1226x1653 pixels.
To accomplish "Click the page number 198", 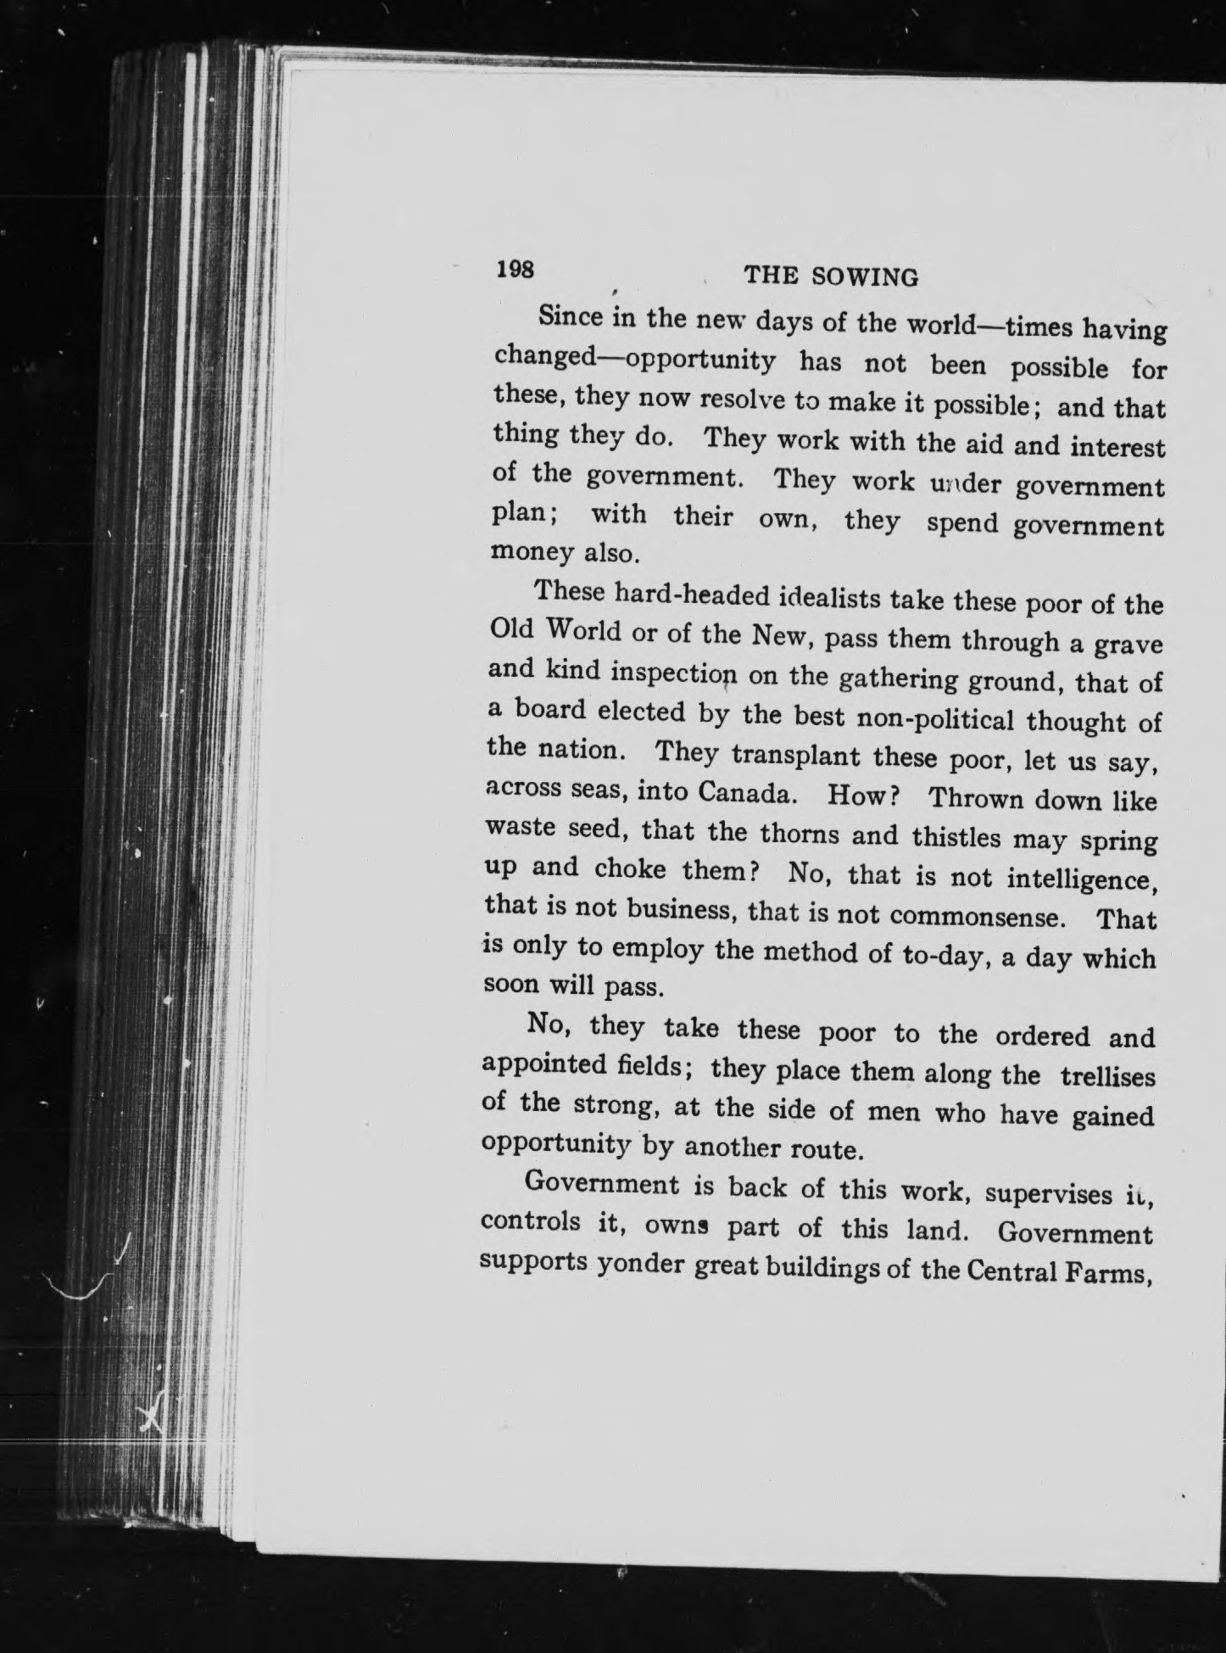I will pyautogui.click(x=515, y=269).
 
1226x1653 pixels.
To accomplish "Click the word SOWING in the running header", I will pyautogui.click(x=865, y=277).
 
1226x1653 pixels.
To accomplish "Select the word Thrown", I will pyautogui.click(x=975, y=799).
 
